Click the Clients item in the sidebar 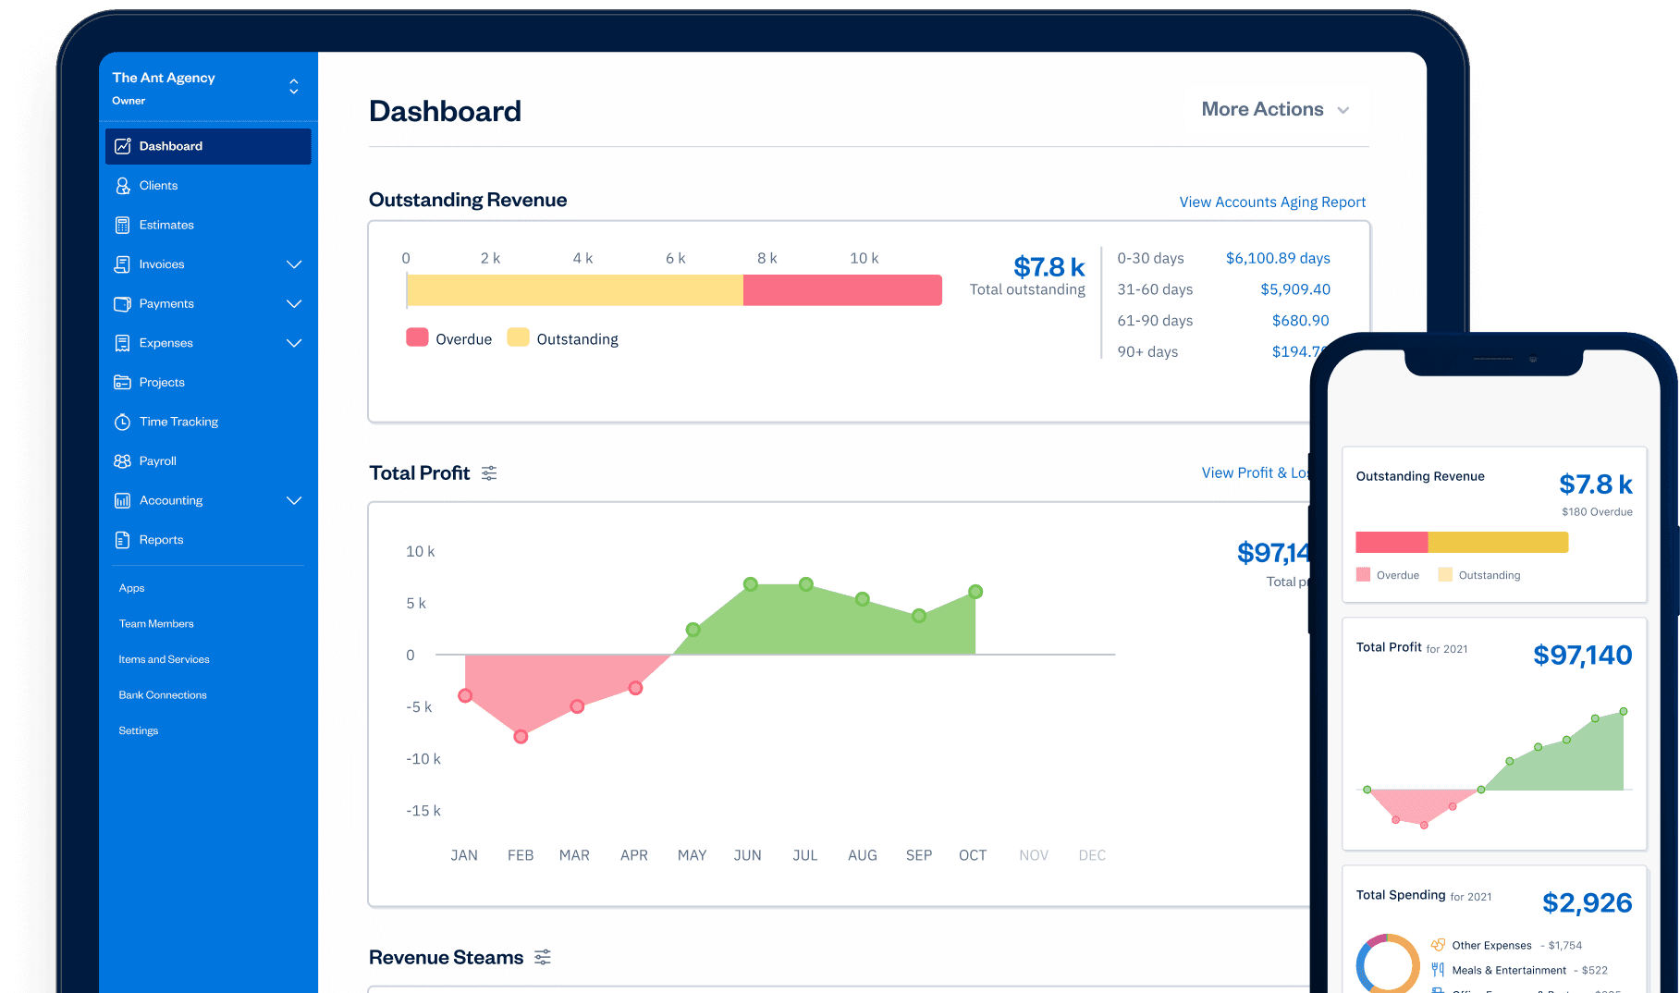tap(158, 186)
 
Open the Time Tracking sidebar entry tap(178, 422)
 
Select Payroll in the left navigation tap(157, 461)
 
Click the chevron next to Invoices tap(294, 264)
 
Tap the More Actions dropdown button tap(1275, 109)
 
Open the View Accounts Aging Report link tap(1271, 202)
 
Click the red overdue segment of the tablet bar tap(841, 290)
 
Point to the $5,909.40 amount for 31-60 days tap(1294, 289)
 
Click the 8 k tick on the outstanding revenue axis tap(766, 258)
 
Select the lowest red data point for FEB tap(521, 737)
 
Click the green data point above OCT tap(975, 592)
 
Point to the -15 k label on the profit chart tap(423, 811)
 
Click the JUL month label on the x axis tap(804, 855)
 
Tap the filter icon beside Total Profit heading tap(489, 473)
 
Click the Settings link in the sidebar tap(139, 730)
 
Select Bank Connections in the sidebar tap(163, 695)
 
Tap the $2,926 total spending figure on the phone tap(1587, 902)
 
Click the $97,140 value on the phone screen tap(1582, 655)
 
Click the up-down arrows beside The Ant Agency tap(294, 86)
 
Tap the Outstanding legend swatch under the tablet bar tap(518, 337)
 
